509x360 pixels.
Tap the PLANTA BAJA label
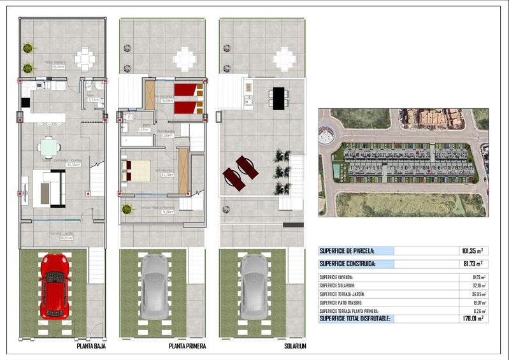point(91,346)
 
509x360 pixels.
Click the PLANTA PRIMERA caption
point(186,346)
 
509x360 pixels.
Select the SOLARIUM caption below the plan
point(296,346)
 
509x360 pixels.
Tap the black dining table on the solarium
point(278,97)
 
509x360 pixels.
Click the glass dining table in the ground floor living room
point(49,148)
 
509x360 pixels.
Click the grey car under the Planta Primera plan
point(155,286)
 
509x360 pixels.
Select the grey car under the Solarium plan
point(254,286)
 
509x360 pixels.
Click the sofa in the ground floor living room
point(49,189)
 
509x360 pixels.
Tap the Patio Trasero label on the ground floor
point(55,64)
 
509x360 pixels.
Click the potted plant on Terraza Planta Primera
point(127,208)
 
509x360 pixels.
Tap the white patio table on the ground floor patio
point(84,59)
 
